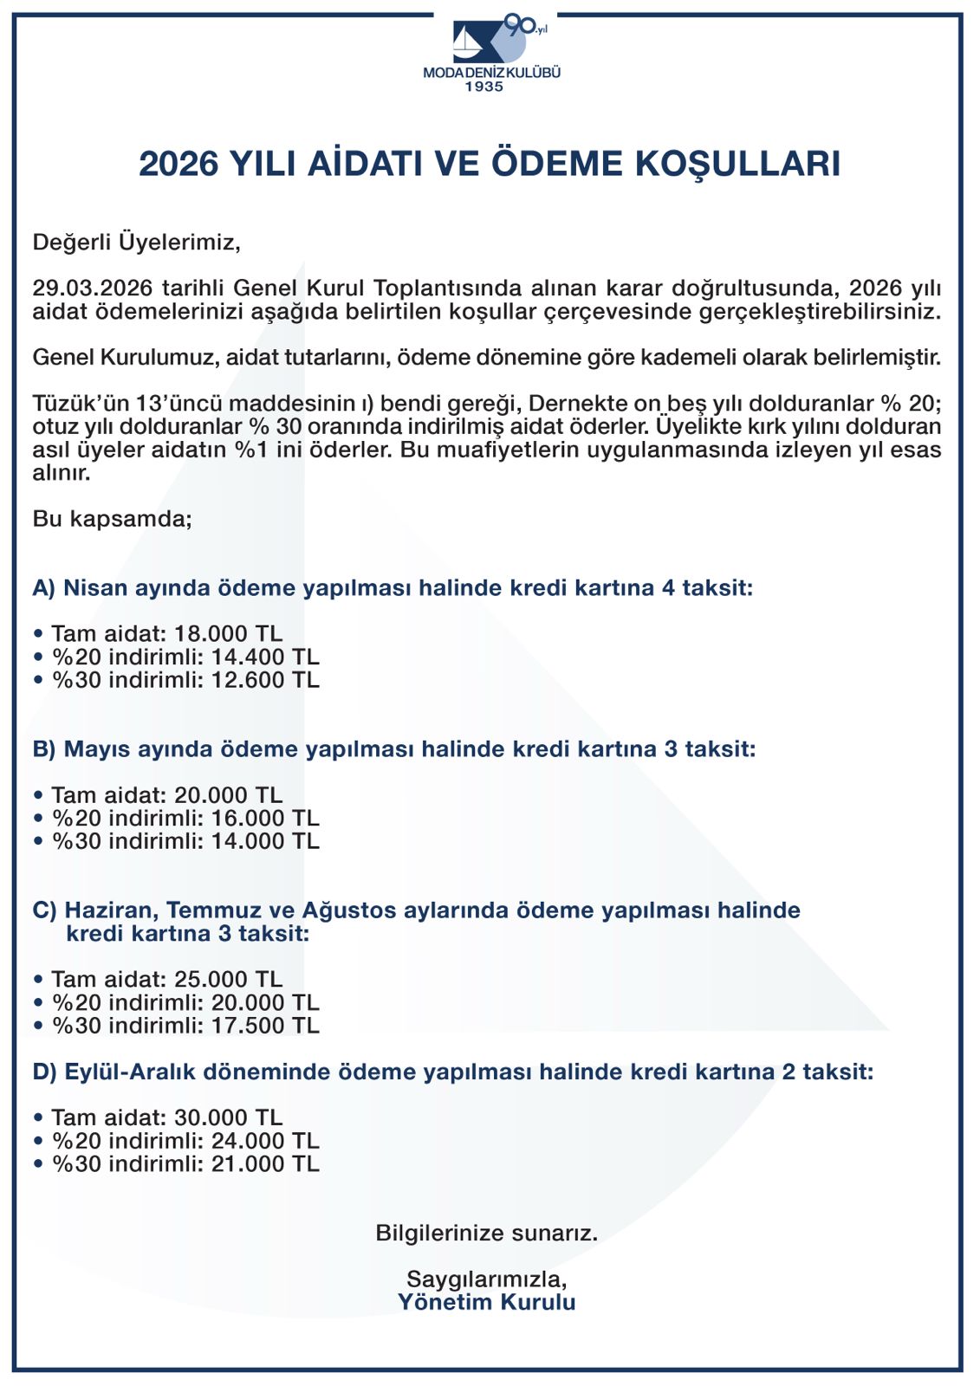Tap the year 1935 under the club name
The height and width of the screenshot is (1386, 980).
(x=484, y=87)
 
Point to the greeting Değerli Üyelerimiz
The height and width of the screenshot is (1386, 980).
(x=136, y=242)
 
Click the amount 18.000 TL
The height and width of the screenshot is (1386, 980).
(x=228, y=634)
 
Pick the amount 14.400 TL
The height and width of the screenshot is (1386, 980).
(x=265, y=657)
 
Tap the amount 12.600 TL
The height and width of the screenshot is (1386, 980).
(x=265, y=680)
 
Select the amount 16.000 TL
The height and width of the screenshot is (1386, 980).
(x=265, y=819)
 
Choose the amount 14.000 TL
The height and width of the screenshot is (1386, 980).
(x=265, y=841)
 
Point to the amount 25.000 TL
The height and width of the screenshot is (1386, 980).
(x=228, y=980)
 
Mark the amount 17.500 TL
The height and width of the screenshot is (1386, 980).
(x=265, y=1026)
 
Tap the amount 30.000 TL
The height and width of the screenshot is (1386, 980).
(x=228, y=1118)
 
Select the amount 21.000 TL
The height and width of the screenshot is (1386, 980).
(x=265, y=1164)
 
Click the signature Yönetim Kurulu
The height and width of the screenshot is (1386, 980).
(x=487, y=1302)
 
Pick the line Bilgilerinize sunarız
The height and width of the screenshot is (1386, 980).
(x=487, y=1233)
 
